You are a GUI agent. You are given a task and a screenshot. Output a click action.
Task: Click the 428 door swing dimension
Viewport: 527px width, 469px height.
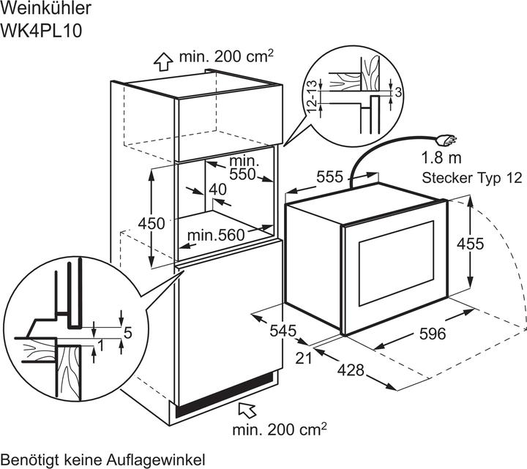pyautogui.click(x=351, y=370)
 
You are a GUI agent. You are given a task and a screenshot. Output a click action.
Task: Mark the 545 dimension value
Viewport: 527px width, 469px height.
pyautogui.click(x=281, y=331)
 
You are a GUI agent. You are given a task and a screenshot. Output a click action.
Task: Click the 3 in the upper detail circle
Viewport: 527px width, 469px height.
pyautogui.click(x=397, y=92)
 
